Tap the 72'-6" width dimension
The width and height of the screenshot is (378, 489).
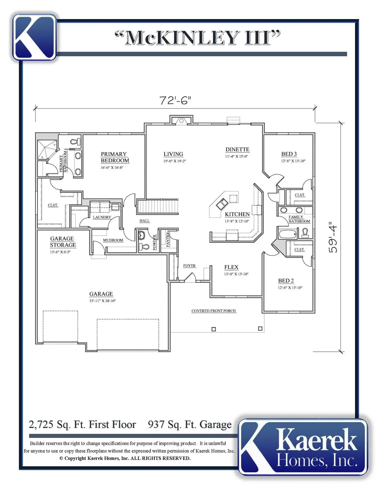pos(175,100)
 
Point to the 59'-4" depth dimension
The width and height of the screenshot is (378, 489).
pos(333,237)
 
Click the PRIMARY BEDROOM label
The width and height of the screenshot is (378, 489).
pos(115,157)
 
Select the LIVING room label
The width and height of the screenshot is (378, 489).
pos(173,154)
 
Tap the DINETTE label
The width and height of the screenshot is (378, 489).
pos(237,150)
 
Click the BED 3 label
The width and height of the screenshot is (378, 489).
pos(289,154)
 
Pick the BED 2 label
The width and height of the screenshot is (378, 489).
pos(286,281)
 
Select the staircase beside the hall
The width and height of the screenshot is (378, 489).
pos(158,207)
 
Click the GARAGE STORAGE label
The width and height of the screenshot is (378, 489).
pos(63,242)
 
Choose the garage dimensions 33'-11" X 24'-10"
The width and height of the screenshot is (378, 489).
pos(102,301)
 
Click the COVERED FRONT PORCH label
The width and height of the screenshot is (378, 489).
pos(214,311)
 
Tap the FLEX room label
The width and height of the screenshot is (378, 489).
pos(231,267)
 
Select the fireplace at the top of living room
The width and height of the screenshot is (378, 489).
pos(181,120)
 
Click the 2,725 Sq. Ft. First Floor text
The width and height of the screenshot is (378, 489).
pos(82,425)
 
